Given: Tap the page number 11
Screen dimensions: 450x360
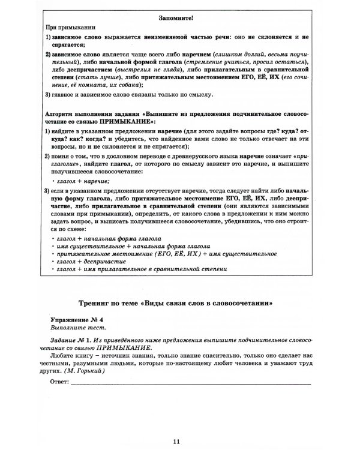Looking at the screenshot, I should pos(176,425).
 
